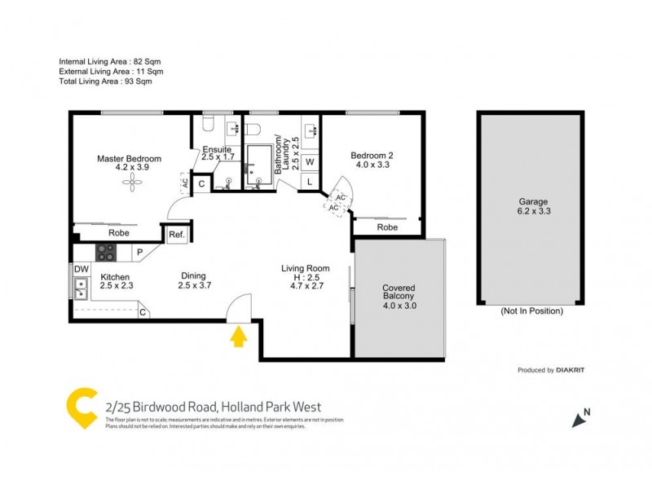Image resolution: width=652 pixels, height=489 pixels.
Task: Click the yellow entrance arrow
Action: pyautogui.click(x=238, y=336)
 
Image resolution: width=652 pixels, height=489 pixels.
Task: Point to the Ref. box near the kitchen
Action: pyautogui.click(x=176, y=235)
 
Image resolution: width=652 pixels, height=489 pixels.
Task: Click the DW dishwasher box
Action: pyautogui.click(x=81, y=269)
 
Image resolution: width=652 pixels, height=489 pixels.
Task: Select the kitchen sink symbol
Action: pyautogui.click(x=81, y=287)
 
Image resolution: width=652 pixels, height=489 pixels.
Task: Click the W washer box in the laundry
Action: pyautogui.click(x=311, y=161)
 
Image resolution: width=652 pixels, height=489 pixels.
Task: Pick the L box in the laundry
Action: pyautogui.click(x=311, y=181)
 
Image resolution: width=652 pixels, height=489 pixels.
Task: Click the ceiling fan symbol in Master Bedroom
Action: pyautogui.click(x=130, y=184)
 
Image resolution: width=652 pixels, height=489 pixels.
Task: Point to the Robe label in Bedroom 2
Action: pyautogui.click(x=388, y=227)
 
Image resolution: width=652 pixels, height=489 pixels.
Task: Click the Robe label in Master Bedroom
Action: pyautogui.click(x=119, y=232)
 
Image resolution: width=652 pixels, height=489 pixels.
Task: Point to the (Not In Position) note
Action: pyautogui.click(x=531, y=311)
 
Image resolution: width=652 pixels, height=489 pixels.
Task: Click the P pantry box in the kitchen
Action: pyautogui.click(x=139, y=253)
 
